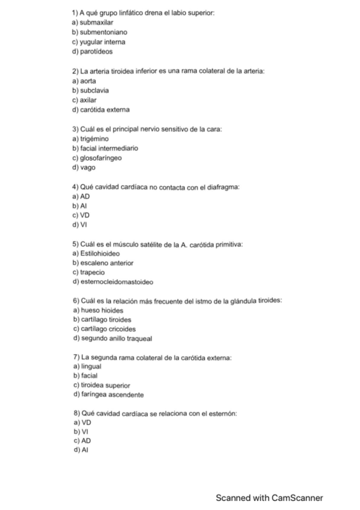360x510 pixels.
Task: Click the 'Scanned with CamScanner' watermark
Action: tap(269, 498)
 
